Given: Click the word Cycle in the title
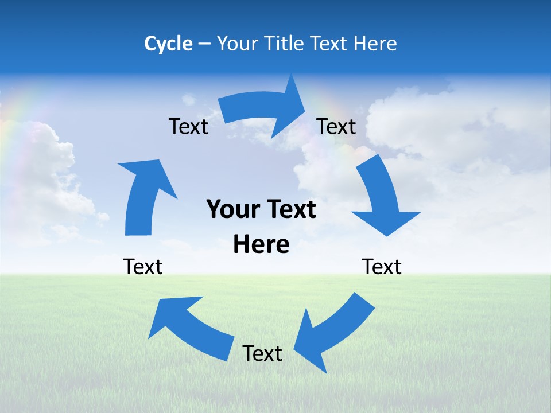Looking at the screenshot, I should tap(168, 44).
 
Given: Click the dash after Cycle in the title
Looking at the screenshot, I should tap(204, 44).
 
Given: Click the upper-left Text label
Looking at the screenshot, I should tap(188, 126).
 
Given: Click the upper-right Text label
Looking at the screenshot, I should tap(336, 126).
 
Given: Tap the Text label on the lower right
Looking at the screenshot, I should tap(382, 267).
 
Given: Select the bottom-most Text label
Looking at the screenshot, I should tap(262, 353).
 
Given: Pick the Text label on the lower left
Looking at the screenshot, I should tap(143, 267).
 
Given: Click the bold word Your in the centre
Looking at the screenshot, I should tap(232, 209).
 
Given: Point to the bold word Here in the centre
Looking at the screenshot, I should tap(261, 245).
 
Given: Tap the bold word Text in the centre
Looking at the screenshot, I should tap(290, 209).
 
